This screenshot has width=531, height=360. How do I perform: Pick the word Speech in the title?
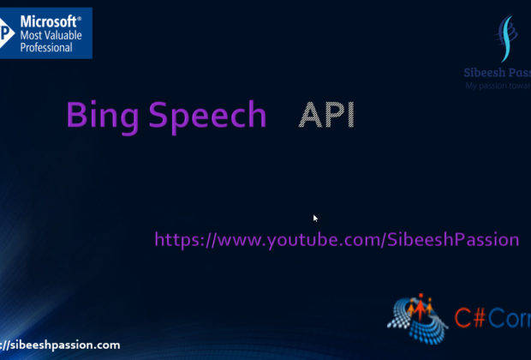207,117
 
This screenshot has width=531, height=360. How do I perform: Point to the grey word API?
325,116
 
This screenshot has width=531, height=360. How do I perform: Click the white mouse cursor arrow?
315,219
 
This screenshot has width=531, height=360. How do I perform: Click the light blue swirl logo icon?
507,39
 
